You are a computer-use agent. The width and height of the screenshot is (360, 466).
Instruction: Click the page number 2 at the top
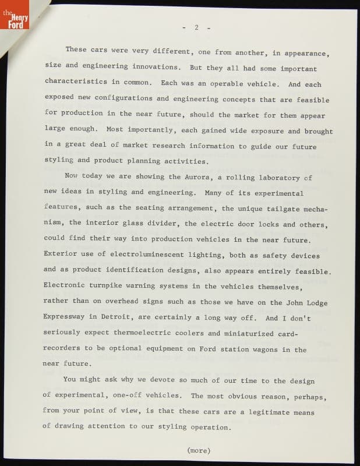tap(197, 27)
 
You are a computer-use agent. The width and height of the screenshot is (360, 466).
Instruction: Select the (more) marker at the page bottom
tap(198, 450)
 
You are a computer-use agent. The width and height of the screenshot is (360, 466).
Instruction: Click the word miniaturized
tap(247, 334)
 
